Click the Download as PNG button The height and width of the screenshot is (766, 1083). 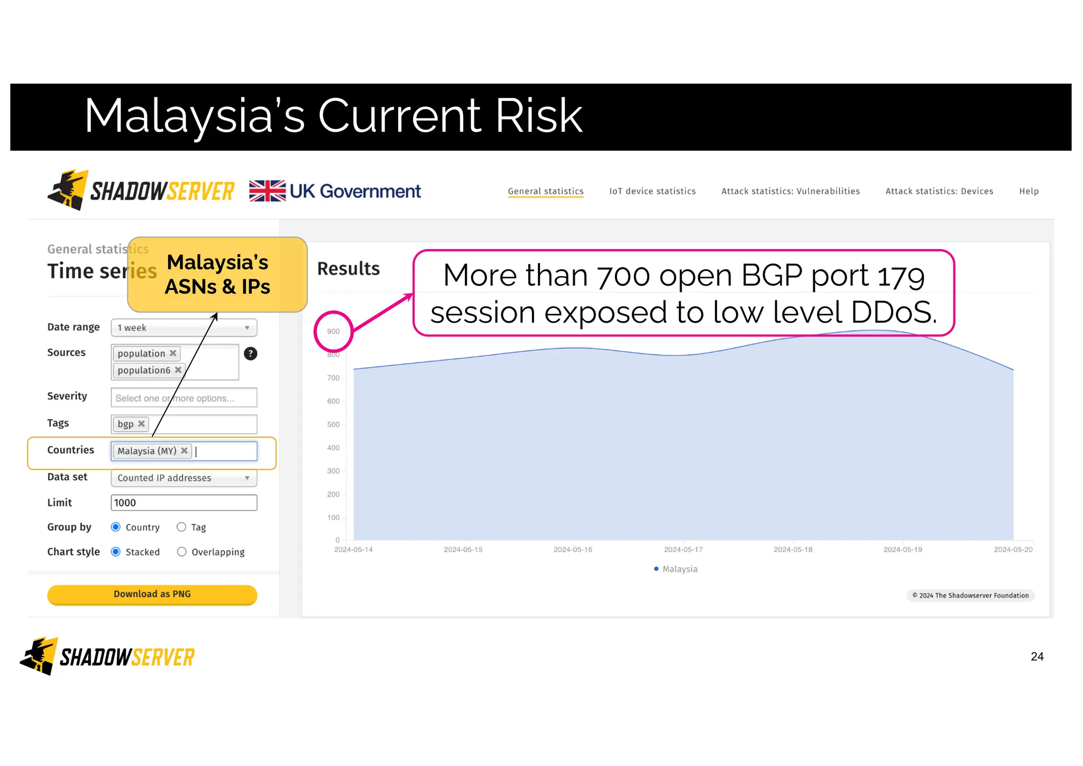coord(152,594)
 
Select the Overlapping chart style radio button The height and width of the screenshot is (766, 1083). coord(181,552)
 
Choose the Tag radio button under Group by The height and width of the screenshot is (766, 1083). coord(181,527)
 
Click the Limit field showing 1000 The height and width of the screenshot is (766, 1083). coord(183,503)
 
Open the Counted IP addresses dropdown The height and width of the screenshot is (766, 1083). coord(183,478)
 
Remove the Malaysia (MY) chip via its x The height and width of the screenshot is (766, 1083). coord(184,451)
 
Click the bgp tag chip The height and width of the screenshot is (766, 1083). coord(125,424)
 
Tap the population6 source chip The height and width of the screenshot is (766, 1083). coord(144,370)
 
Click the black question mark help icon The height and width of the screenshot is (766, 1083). coord(251,353)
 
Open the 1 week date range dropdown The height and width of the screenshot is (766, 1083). coord(183,327)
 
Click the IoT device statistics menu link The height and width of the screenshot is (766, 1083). coord(652,191)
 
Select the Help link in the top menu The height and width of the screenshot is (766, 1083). coord(1029,191)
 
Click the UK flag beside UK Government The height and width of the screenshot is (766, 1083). coord(267,191)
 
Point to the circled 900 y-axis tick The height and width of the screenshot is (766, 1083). coord(333,332)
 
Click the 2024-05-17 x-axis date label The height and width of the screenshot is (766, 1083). coord(683,550)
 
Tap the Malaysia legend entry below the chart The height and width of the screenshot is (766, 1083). coord(679,569)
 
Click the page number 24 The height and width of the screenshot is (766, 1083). coord(1036,656)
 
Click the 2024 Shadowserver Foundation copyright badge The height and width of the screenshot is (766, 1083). coord(970,595)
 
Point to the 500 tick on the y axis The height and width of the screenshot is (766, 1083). coord(333,424)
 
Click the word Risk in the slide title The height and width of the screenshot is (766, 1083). coord(538,116)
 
